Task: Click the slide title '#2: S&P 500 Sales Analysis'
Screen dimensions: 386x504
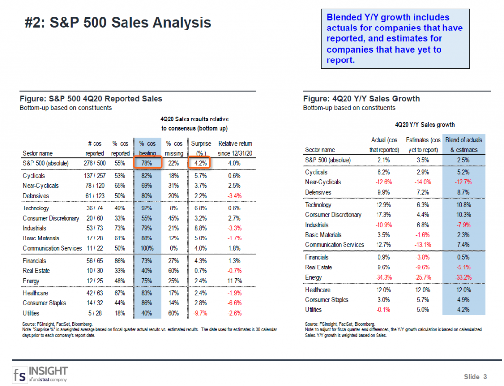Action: coord(118,23)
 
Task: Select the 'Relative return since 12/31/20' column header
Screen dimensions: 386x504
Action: coord(235,148)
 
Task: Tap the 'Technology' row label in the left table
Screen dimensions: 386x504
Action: coord(36,208)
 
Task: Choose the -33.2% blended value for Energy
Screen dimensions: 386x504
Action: coord(464,277)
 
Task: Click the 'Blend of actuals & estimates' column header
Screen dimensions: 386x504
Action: coord(464,145)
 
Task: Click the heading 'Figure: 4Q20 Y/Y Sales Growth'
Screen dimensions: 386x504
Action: coord(361,99)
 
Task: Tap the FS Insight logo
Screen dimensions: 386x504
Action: coord(40,373)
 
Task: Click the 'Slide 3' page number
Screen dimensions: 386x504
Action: coord(475,377)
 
